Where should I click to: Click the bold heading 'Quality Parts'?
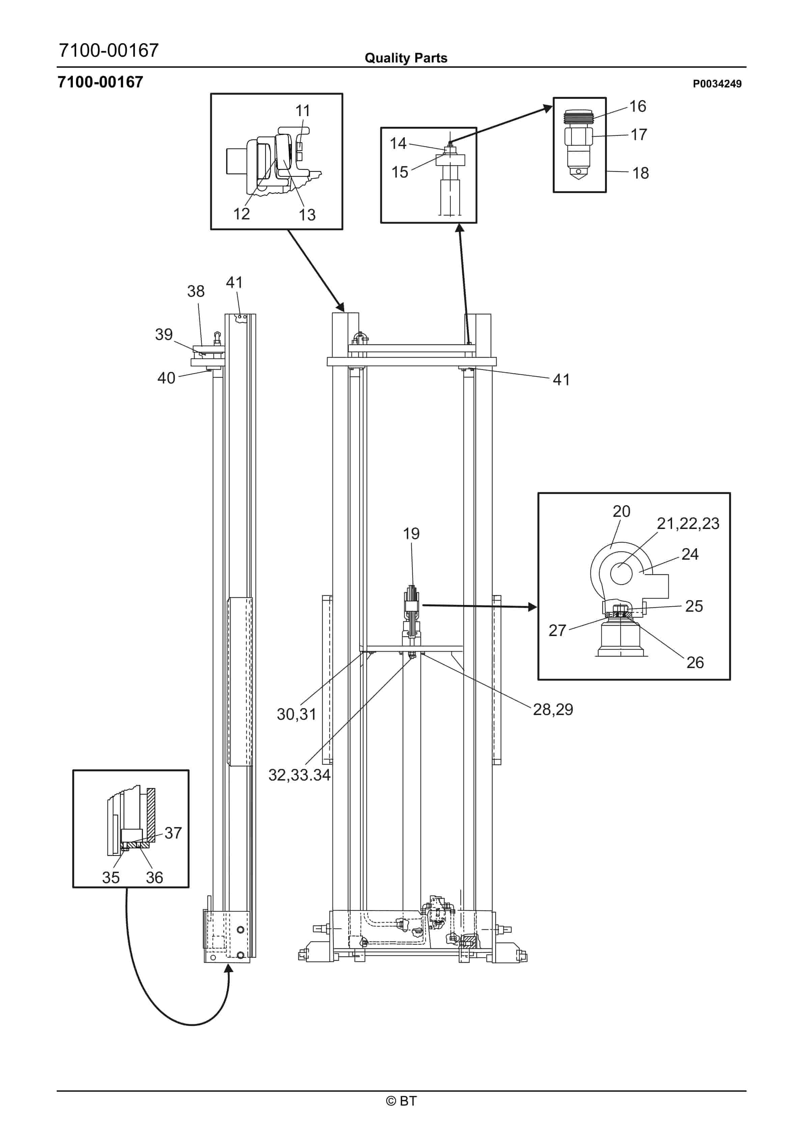click(406, 58)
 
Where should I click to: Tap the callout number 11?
click(303, 111)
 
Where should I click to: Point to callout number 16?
click(638, 106)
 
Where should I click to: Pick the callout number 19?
click(411, 533)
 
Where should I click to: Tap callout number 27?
click(557, 630)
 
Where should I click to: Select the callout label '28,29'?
click(553, 710)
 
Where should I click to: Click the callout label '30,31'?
click(296, 714)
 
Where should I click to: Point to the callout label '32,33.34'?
click(299, 775)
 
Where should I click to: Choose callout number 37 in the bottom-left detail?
click(173, 833)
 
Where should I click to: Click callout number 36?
click(155, 877)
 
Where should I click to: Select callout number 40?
click(166, 378)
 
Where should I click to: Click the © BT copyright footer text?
click(401, 1101)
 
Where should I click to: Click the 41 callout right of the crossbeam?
click(561, 379)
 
